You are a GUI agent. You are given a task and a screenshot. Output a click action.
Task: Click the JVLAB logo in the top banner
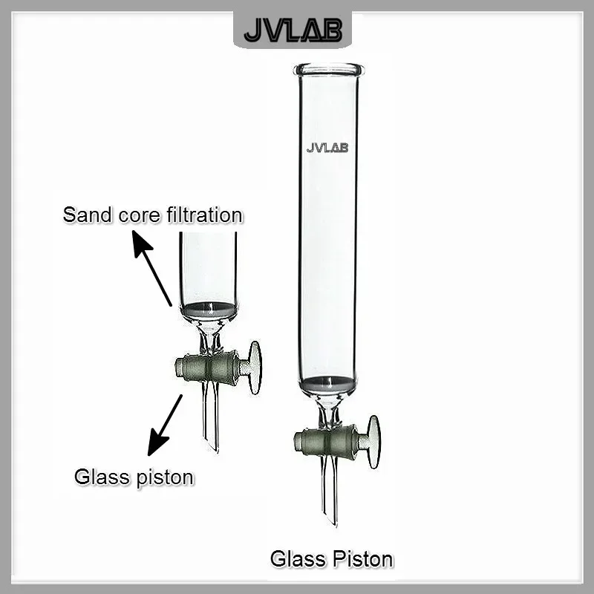(x=297, y=30)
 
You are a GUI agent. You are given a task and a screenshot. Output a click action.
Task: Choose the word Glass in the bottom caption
(x=296, y=558)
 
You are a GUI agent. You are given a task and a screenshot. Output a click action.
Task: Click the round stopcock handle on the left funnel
(x=255, y=368)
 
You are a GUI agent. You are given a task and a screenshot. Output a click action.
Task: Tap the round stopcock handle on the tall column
(x=373, y=442)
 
